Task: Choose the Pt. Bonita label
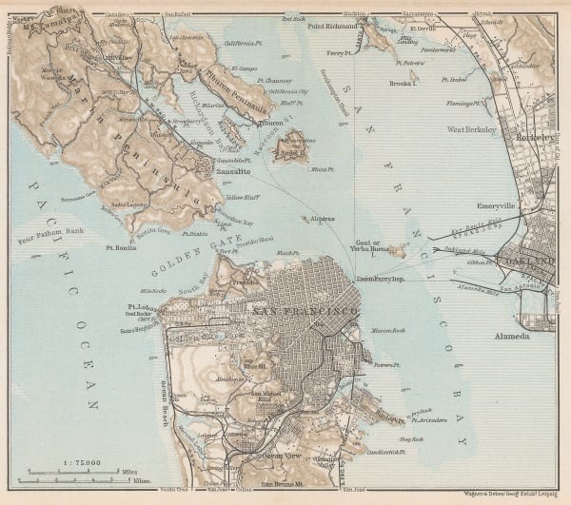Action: [x=120, y=246]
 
